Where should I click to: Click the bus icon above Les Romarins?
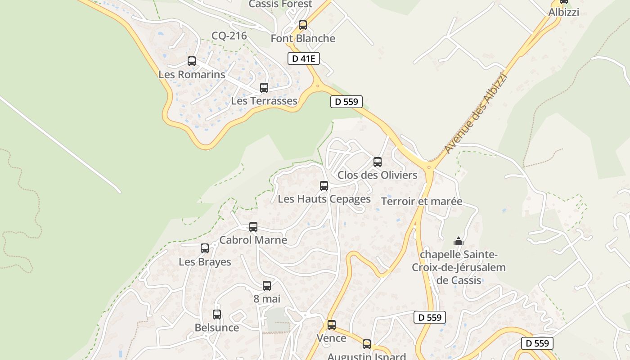pos(192,61)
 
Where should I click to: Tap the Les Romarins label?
pos(192,74)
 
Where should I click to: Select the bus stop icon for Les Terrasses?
pos(264,88)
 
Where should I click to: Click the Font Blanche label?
pos(303,39)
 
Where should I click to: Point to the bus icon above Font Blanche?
pos(303,25)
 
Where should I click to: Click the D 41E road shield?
pos(303,58)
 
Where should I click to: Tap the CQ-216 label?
pos(229,36)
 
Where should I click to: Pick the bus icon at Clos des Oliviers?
pos(378,162)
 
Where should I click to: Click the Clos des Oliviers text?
pos(378,175)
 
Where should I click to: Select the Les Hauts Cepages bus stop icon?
pos(324,186)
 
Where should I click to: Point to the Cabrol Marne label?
pos(253,240)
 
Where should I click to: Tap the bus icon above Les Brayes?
pos(205,248)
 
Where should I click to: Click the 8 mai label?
pos(267,299)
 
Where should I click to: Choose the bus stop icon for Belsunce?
pos(217,315)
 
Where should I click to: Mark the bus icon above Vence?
pos(332,325)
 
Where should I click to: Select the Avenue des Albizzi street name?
pos(476,112)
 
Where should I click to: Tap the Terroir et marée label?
pos(422,201)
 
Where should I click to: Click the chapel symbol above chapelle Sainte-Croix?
pos(459,242)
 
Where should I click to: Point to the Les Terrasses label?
pos(264,101)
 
